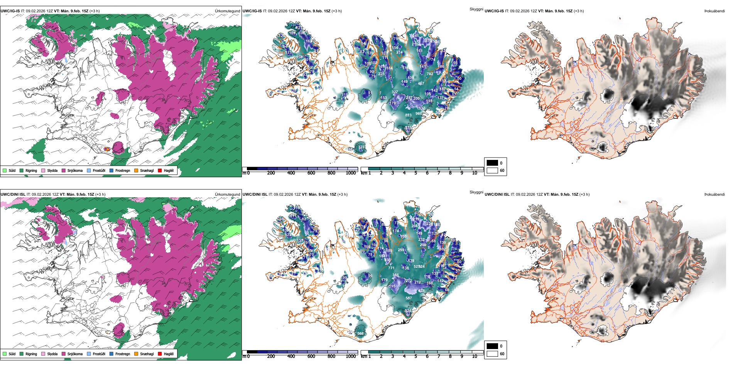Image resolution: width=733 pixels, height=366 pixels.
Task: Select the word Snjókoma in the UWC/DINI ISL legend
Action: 75,354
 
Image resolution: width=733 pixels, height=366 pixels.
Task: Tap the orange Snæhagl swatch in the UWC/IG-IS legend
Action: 136,170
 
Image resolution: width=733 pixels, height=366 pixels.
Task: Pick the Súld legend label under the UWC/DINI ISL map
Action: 12,354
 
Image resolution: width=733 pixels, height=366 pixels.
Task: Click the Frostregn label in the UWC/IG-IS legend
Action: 123,170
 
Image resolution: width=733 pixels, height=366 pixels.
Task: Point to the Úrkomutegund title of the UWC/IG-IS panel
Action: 227,11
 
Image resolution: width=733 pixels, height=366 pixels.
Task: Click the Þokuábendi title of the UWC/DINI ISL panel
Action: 714,194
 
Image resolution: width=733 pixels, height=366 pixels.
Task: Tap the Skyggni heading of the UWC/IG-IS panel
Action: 476,9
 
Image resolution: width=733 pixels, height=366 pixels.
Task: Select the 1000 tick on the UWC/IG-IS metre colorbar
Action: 351,173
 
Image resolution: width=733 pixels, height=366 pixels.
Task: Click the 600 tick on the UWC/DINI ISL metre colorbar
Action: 311,356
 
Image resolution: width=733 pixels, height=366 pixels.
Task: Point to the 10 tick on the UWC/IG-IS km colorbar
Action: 475,173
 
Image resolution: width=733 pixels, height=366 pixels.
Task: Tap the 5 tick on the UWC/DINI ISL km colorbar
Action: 415,356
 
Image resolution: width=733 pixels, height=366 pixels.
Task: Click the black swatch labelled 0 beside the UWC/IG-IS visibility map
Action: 492,163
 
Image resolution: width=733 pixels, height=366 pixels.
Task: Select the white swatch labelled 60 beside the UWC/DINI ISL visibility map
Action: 492,354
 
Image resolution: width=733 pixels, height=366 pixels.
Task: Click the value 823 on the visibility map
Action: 408,115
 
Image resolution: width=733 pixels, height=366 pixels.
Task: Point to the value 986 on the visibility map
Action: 419,114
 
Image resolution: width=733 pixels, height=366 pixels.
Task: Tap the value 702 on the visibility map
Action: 430,74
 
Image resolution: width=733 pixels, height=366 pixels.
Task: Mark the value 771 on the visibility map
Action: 391,268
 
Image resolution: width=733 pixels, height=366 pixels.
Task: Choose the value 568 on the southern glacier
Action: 360,334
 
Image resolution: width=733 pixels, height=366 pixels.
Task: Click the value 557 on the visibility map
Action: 409,298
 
